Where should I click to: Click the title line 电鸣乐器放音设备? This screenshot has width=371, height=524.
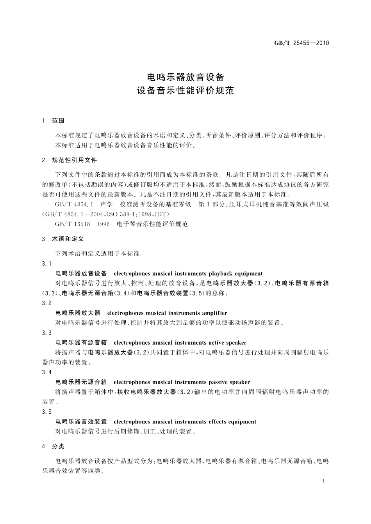[185, 76]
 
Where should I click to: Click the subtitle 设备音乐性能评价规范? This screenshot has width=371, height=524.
[185, 90]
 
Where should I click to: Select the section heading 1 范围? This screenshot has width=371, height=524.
[53, 121]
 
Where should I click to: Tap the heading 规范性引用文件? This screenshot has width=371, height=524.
[74, 160]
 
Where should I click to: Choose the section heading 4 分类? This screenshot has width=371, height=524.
[53, 446]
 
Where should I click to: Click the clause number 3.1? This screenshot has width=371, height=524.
[46, 264]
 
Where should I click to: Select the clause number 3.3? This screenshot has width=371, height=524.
[46, 333]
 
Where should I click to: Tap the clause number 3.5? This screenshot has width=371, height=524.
[46, 412]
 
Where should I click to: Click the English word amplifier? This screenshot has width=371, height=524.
[214, 313]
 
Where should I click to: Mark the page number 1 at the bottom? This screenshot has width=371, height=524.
[324, 481]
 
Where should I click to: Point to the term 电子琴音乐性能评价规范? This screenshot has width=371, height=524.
[152, 224]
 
